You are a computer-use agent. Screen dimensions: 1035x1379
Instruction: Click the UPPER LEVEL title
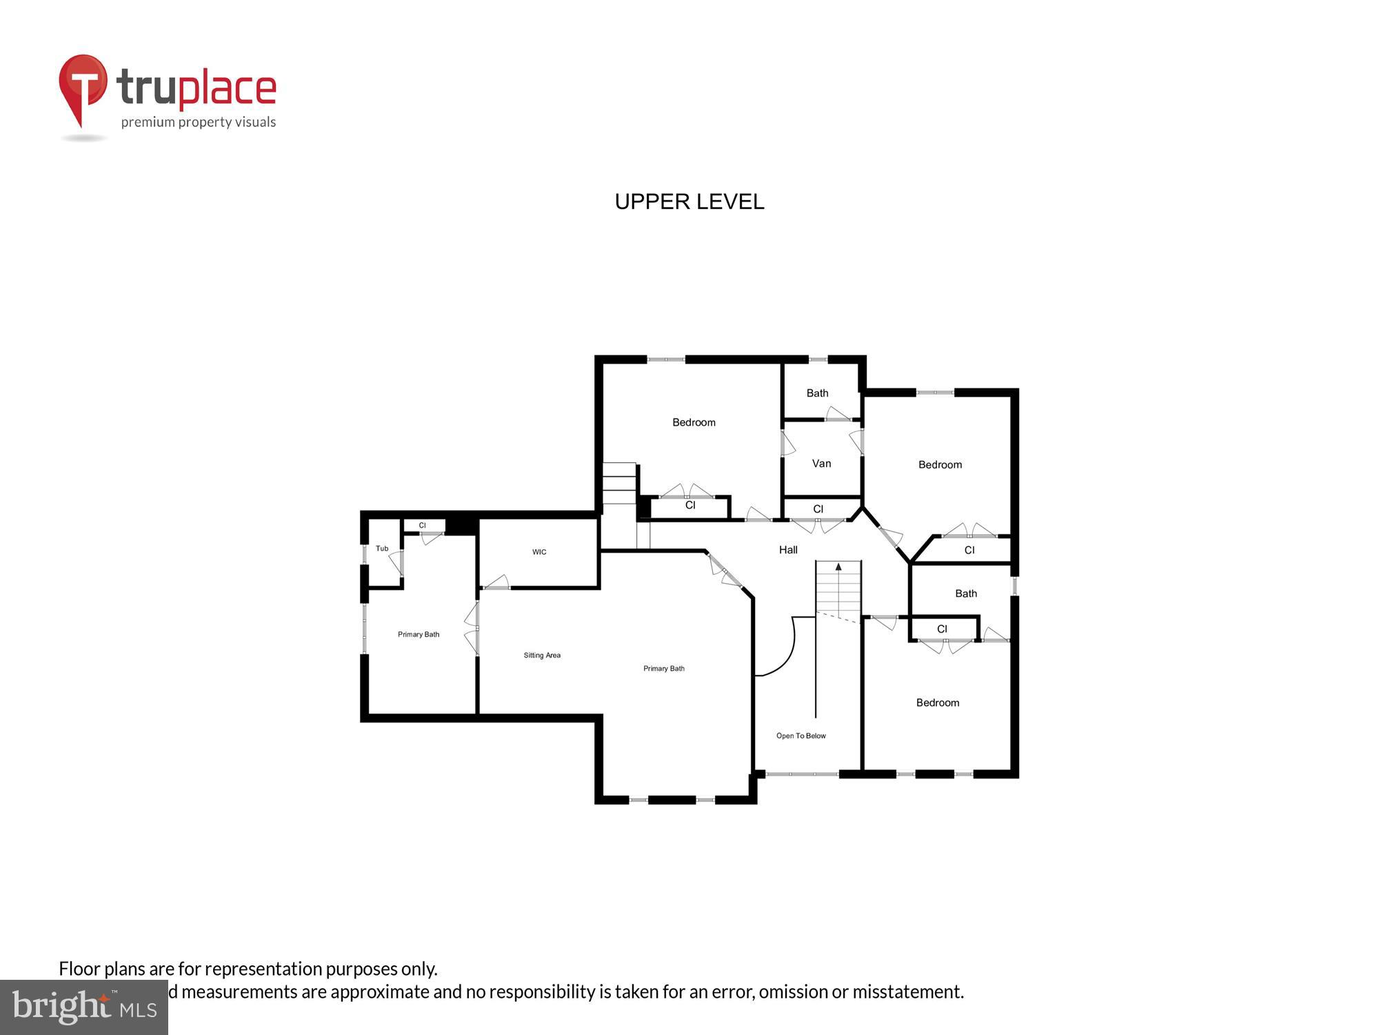pyautogui.click(x=689, y=201)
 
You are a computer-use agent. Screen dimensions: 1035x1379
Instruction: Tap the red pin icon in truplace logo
pyautogui.click(x=83, y=86)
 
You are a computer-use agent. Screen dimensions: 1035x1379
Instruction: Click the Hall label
pyautogui.click(x=788, y=550)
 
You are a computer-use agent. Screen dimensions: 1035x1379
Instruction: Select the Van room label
pyautogui.click(x=821, y=464)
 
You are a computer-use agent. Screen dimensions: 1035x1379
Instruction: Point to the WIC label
pyautogui.click(x=539, y=552)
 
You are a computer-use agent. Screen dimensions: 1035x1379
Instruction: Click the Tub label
pyautogui.click(x=382, y=549)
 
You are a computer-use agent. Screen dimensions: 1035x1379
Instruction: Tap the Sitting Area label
pyautogui.click(x=542, y=655)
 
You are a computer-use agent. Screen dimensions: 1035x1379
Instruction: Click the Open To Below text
pyautogui.click(x=801, y=736)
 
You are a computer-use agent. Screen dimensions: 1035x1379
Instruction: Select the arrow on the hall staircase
pyautogui.click(x=838, y=567)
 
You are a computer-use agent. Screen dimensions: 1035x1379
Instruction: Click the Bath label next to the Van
pyautogui.click(x=817, y=393)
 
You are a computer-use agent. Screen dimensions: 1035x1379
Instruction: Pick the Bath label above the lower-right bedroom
pyautogui.click(x=965, y=593)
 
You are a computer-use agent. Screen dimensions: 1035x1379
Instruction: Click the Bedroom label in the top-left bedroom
pyautogui.click(x=694, y=422)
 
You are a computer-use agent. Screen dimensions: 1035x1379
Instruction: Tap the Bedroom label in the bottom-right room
pyautogui.click(x=937, y=702)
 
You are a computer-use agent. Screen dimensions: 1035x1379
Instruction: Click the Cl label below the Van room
pyautogui.click(x=818, y=509)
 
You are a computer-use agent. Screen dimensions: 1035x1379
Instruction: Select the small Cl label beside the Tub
pyautogui.click(x=422, y=526)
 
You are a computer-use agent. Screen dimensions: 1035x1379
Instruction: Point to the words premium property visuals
pyautogui.click(x=199, y=123)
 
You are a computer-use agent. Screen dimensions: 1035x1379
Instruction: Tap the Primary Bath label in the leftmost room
pyautogui.click(x=418, y=635)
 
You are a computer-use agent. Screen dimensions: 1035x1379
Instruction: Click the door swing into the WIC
pyautogui.click(x=497, y=582)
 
